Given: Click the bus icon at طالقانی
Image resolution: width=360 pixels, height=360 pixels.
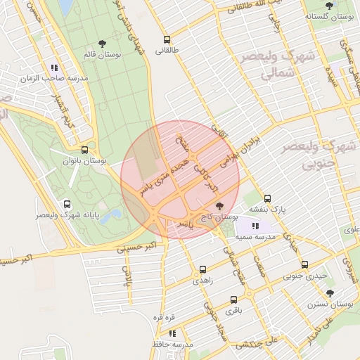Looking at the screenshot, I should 167,40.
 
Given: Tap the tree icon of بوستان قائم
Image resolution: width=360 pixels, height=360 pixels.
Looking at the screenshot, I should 103,44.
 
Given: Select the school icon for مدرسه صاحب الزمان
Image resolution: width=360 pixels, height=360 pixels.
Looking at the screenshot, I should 55,68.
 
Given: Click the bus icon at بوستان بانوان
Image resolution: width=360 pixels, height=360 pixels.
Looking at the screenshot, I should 85,150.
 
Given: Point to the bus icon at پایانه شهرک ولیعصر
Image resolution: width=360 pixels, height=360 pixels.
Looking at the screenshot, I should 67,204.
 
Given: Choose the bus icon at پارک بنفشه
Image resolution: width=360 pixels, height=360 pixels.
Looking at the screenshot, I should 267,198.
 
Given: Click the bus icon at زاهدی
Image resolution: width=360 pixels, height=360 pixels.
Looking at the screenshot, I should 203,269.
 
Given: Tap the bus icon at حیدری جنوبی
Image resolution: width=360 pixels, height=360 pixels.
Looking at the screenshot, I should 304,265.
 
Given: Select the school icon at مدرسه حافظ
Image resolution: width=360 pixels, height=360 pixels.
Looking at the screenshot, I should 172,334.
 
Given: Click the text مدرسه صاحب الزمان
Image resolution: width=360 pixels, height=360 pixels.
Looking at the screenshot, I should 61,79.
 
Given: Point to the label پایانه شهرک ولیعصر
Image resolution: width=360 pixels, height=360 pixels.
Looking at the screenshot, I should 67,215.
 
